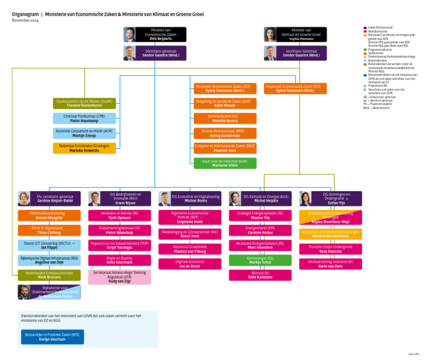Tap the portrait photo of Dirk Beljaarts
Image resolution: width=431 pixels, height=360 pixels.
click(130, 34)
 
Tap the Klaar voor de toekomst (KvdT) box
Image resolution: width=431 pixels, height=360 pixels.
click(224, 163)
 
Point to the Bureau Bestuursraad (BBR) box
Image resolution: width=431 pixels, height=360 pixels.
click(224, 133)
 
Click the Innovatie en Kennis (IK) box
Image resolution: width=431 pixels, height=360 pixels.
click(120, 215)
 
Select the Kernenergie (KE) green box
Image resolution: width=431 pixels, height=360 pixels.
click(260, 260)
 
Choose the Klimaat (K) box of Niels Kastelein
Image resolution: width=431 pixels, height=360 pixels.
click(260, 275)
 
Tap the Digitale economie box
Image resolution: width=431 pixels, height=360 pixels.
click(190, 263)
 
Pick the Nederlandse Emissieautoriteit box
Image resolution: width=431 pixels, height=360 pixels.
click(49, 275)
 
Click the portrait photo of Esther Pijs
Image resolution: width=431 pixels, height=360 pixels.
click(306, 198)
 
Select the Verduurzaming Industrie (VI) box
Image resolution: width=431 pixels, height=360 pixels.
click(331, 263)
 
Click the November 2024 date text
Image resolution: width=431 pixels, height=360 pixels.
click(26, 20)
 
